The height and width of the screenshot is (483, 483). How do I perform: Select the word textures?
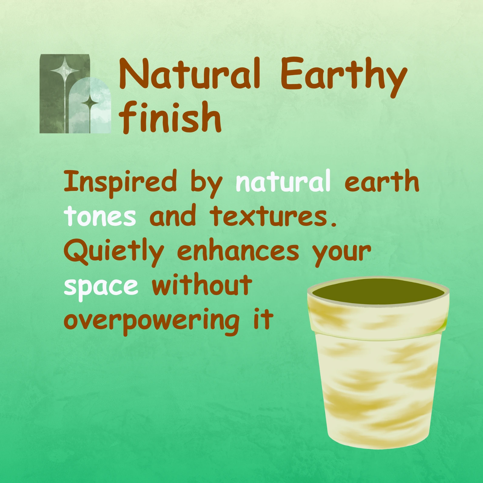tap(273, 216)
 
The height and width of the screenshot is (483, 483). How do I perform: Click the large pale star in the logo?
tap(65, 70)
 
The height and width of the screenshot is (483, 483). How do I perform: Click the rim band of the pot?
tap(378, 315)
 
